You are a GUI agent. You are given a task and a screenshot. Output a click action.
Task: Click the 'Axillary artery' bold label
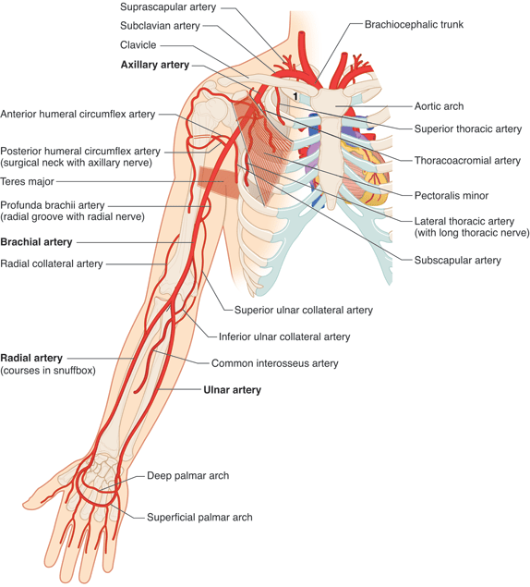coord(154,66)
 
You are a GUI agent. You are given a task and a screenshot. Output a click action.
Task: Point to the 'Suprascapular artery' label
coord(167,7)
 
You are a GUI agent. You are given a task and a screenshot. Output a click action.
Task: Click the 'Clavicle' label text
coord(138,45)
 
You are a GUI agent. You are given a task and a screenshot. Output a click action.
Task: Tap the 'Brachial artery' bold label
coord(36,242)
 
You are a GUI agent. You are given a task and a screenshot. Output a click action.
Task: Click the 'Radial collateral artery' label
coord(52,263)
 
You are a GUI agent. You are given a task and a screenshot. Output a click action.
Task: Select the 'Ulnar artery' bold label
coord(232,390)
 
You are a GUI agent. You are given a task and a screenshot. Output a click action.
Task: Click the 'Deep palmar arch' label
coord(187,476)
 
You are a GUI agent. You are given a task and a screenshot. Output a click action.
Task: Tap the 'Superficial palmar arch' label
coord(199,517)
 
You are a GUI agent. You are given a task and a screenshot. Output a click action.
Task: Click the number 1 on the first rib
coord(295,96)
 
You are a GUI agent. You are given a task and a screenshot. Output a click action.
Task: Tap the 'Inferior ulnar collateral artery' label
coord(283,336)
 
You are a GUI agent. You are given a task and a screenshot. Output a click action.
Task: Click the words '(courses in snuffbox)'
coord(47,371)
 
